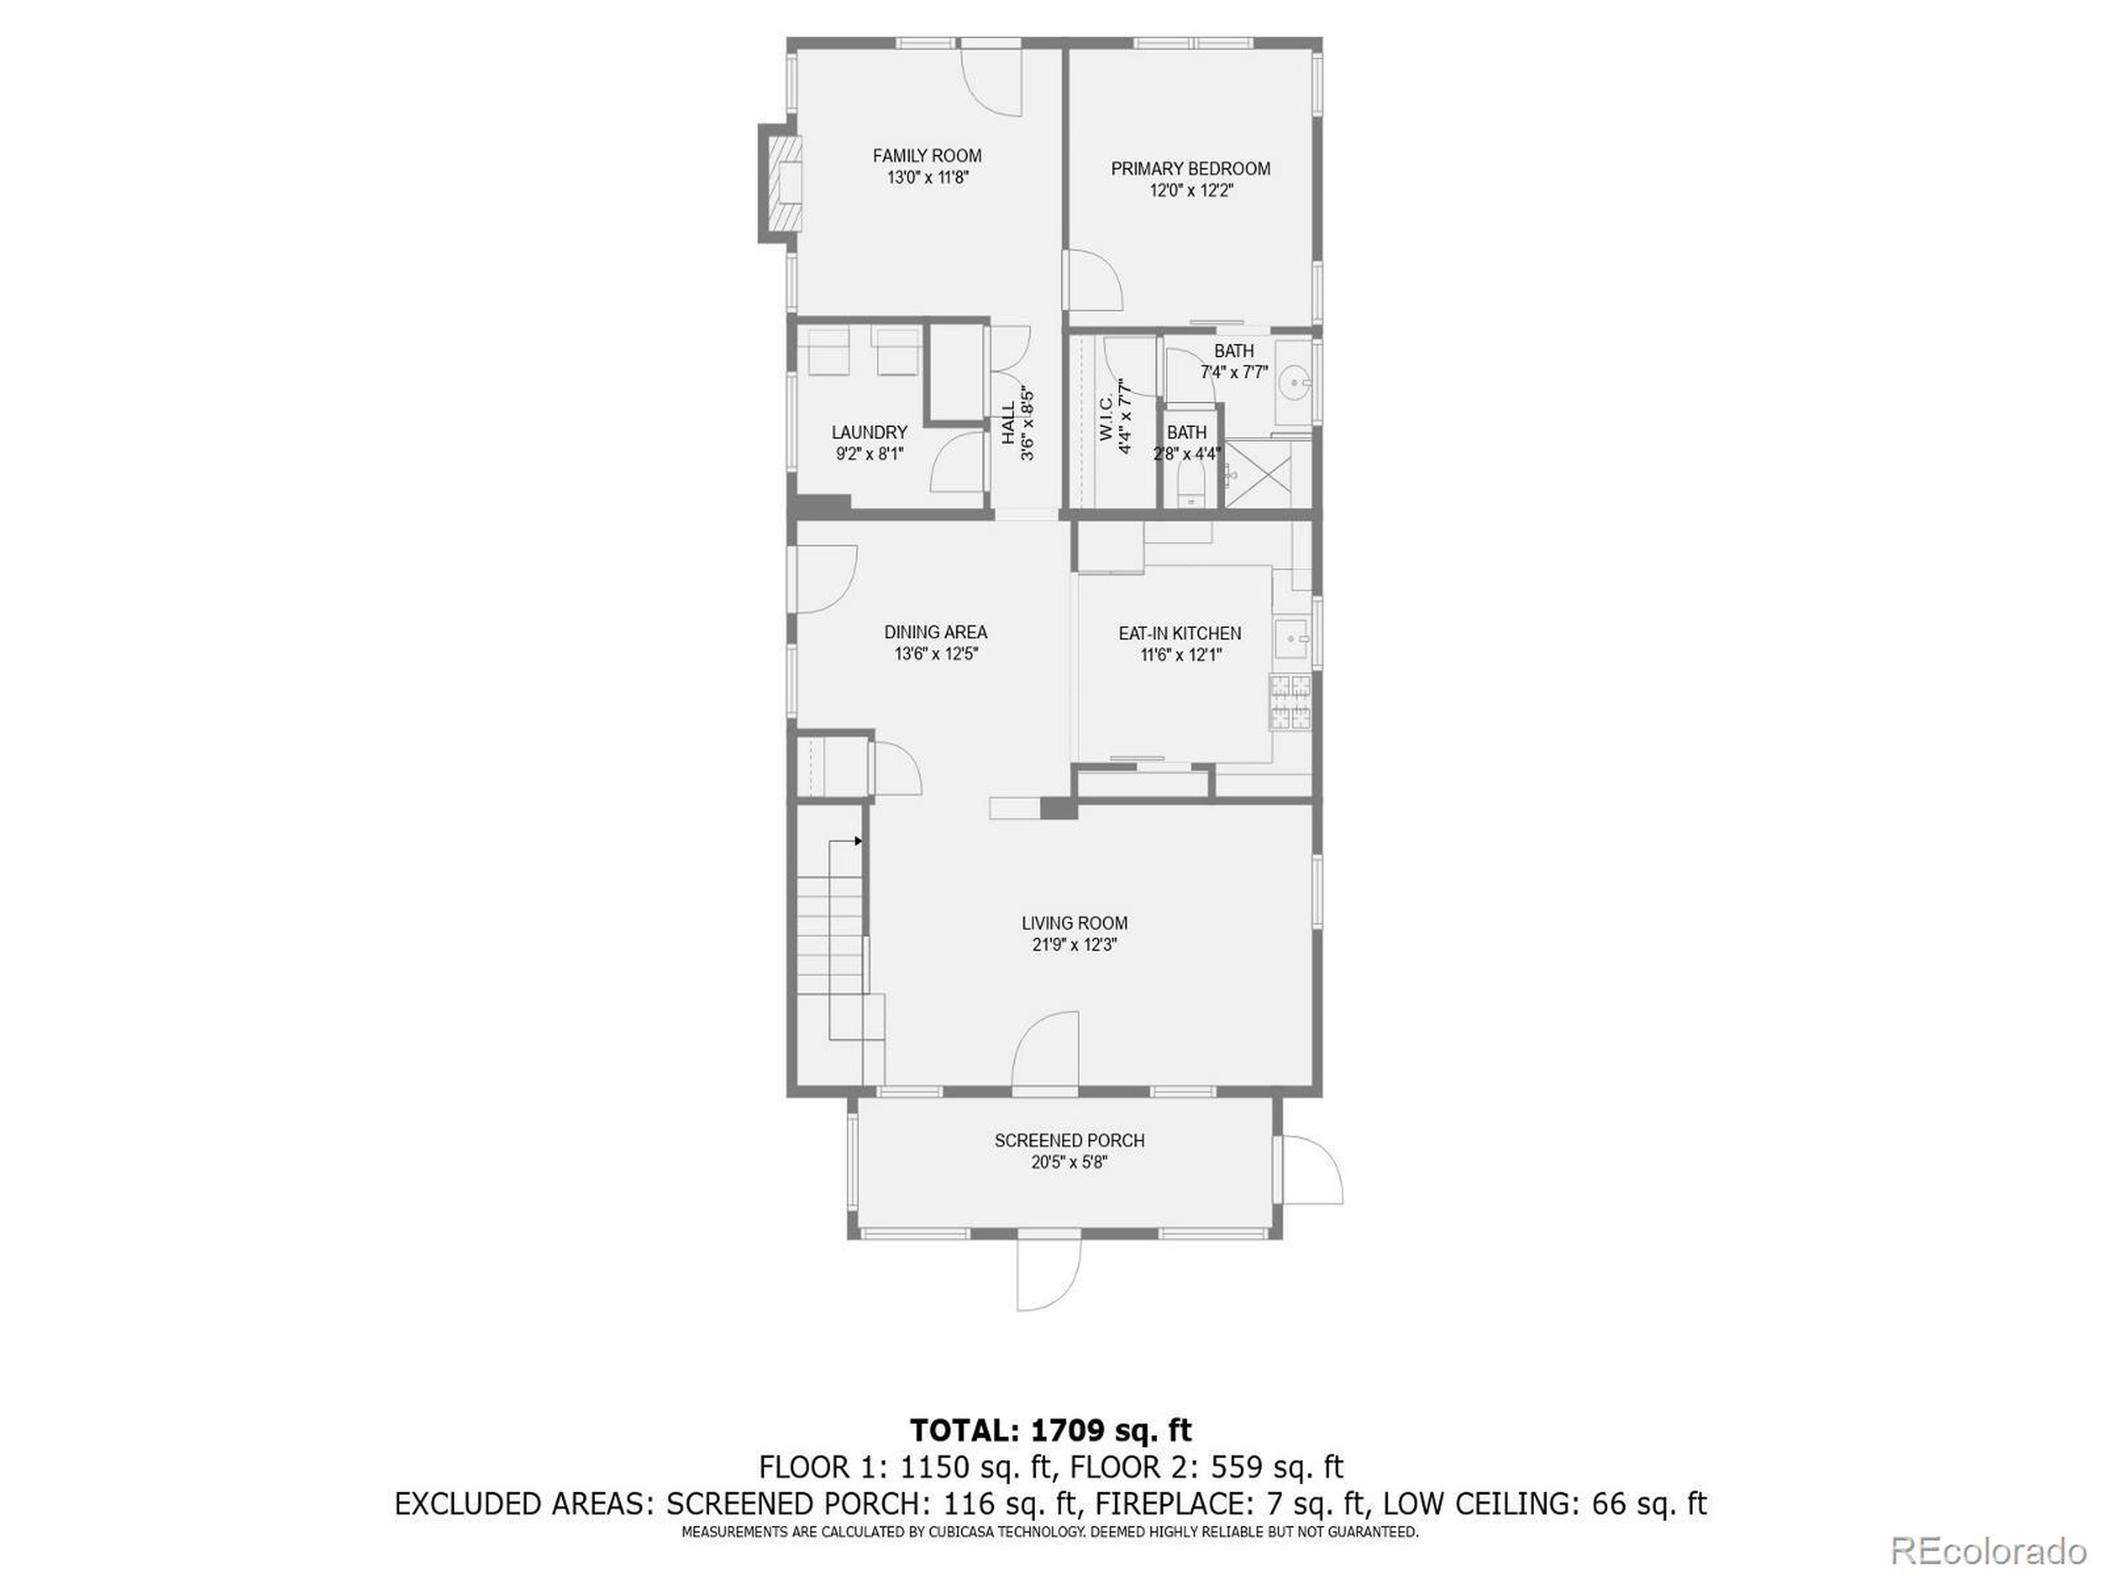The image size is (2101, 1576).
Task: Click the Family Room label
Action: pyautogui.click(x=927, y=156)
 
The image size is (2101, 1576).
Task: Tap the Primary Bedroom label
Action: pyautogui.click(x=1190, y=169)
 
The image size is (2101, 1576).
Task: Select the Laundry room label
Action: pyautogui.click(x=869, y=433)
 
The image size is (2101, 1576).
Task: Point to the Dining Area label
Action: pyautogui.click(x=936, y=632)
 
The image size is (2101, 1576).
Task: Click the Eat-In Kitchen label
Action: pyautogui.click(x=1179, y=633)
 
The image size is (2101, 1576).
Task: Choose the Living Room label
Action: pyautogui.click(x=1074, y=923)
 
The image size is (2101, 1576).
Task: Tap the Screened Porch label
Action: pyautogui.click(x=1069, y=1140)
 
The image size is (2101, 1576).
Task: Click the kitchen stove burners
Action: pyautogui.click(x=1291, y=702)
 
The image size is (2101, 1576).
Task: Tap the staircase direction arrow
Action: pyautogui.click(x=858, y=841)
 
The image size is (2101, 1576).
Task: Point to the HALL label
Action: pyautogui.click(x=1008, y=424)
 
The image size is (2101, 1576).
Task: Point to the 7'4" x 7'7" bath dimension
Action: pyautogui.click(x=1234, y=373)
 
